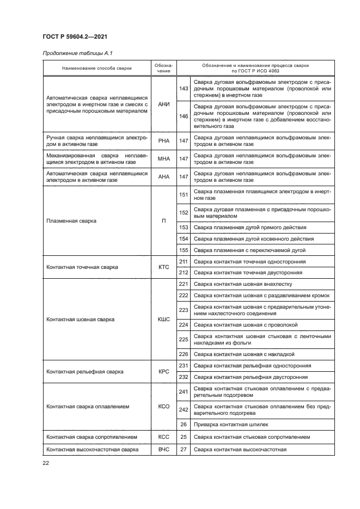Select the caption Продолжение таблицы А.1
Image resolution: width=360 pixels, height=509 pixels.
(x=77, y=53)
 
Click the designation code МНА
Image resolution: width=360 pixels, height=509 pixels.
(x=163, y=159)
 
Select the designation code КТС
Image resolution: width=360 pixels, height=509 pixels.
(x=163, y=267)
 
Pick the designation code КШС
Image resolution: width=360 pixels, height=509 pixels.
(x=163, y=320)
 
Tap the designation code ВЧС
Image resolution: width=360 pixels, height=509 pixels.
(x=163, y=450)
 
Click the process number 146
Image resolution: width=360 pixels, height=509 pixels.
(x=183, y=115)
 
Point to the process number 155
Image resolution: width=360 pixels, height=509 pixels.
(x=183, y=250)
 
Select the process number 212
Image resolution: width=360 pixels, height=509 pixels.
(x=183, y=273)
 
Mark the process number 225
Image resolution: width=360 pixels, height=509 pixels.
(x=183, y=340)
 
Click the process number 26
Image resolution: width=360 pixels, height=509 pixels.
(x=183, y=424)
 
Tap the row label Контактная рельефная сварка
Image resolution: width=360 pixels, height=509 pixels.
(x=85, y=371)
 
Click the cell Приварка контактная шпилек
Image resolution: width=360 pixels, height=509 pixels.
(x=231, y=424)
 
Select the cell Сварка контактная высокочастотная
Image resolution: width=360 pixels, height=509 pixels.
(x=240, y=450)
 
